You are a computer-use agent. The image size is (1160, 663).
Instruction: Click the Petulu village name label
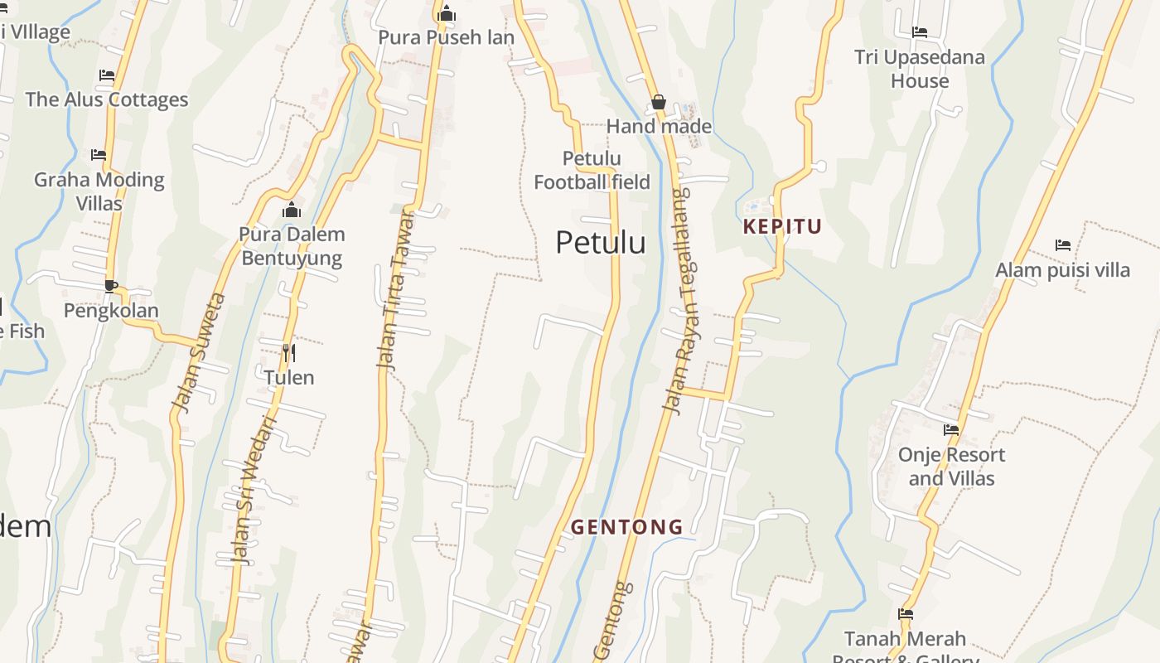click(600, 243)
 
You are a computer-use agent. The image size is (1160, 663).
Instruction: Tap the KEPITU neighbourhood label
click(782, 226)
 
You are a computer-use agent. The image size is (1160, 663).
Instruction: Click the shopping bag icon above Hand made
click(659, 102)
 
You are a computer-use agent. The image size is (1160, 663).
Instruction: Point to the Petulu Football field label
click(592, 170)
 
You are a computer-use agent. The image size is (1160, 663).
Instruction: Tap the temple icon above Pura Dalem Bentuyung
click(292, 210)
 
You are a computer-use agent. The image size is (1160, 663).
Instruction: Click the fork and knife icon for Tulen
click(289, 353)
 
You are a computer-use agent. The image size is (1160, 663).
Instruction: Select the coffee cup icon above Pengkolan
click(111, 287)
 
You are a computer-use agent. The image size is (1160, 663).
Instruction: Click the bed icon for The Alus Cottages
click(107, 75)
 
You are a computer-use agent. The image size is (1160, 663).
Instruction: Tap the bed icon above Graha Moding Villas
click(99, 155)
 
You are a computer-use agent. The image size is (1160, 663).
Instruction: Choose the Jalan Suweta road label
click(198, 351)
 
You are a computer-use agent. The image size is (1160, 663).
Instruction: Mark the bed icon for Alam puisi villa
click(1063, 245)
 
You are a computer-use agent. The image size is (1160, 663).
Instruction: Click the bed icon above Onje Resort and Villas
click(951, 430)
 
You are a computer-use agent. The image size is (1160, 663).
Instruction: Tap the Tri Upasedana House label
click(920, 69)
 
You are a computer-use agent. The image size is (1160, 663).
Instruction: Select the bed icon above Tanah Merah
click(906, 614)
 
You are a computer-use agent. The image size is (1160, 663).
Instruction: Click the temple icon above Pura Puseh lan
click(447, 13)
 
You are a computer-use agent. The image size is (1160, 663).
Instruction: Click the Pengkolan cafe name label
click(111, 311)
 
